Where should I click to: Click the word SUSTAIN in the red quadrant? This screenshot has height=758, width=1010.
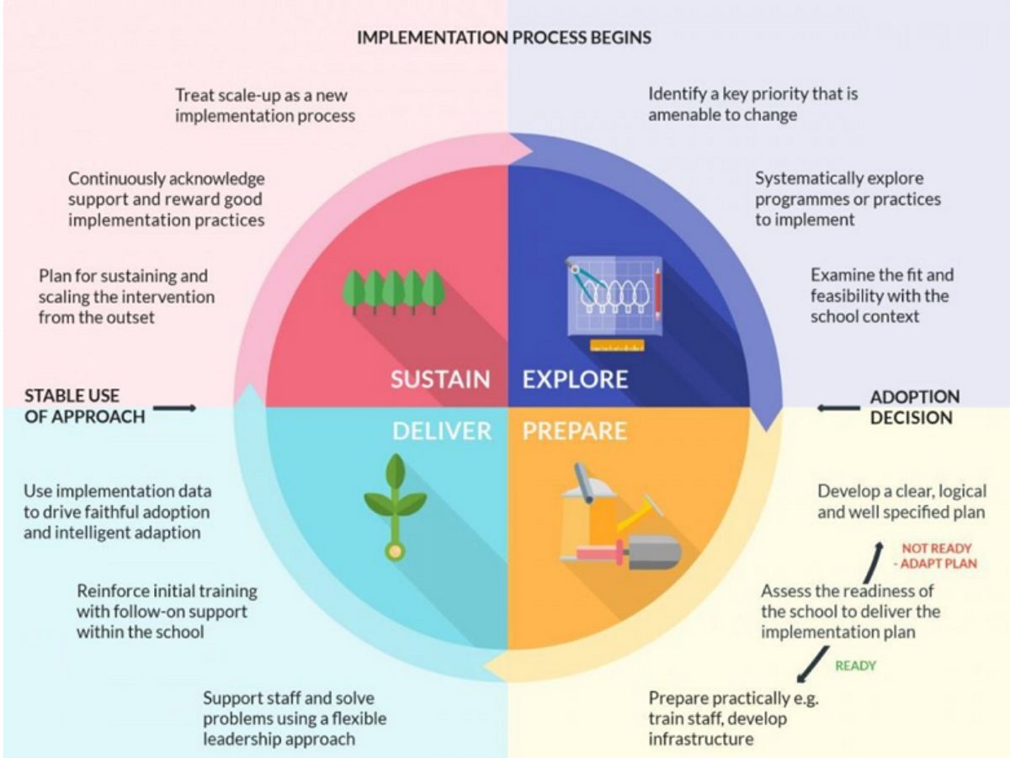click(x=440, y=379)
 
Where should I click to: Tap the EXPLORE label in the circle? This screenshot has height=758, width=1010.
click(x=575, y=379)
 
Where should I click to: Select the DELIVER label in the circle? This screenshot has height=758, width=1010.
click(x=441, y=431)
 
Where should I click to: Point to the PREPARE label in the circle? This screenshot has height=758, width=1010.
click(x=575, y=431)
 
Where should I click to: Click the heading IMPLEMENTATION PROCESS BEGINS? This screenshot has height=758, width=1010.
click(x=504, y=38)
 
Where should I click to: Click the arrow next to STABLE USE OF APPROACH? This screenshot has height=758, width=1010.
click(x=174, y=408)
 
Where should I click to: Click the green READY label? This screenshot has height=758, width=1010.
click(x=855, y=665)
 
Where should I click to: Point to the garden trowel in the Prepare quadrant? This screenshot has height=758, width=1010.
click(x=648, y=551)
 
